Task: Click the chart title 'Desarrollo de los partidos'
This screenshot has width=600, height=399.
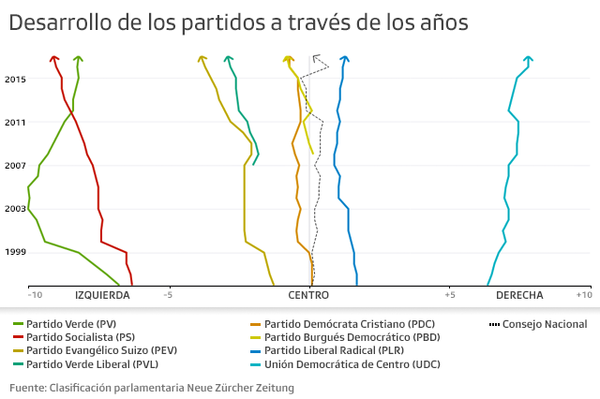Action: (238, 22)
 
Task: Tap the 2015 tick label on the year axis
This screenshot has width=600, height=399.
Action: (14, 80)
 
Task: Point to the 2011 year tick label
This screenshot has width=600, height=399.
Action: (14, 123)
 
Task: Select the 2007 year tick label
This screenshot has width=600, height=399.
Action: (14, 166)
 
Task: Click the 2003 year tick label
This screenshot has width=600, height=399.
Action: (14, 209)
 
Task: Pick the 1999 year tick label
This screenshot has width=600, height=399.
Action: (14, 252)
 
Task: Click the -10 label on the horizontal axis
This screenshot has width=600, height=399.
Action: (35, 295)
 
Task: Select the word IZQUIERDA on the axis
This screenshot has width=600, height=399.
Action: (102, 295)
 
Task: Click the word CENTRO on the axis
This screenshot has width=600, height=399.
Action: (308, 295)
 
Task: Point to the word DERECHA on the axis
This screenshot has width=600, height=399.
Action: (519, 295)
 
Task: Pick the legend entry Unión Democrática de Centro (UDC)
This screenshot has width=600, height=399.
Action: (352, 364)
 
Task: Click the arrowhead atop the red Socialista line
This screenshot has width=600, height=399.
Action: (54, 60)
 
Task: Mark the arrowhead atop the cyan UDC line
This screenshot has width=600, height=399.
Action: (529, 60)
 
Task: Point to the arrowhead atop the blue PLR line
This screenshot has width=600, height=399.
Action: (345, 60)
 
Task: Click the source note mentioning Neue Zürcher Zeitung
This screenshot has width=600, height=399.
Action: (152, 387)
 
